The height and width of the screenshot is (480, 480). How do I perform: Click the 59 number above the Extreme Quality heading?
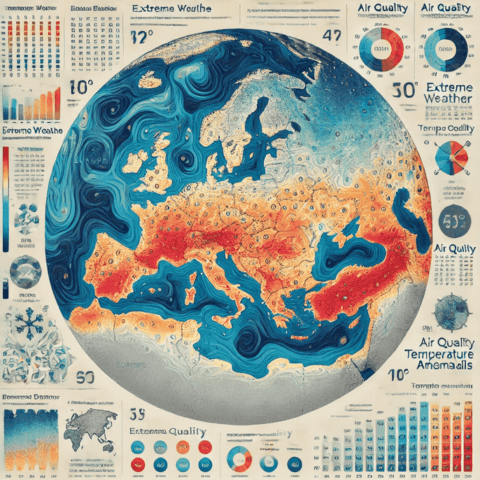(137, 411)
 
